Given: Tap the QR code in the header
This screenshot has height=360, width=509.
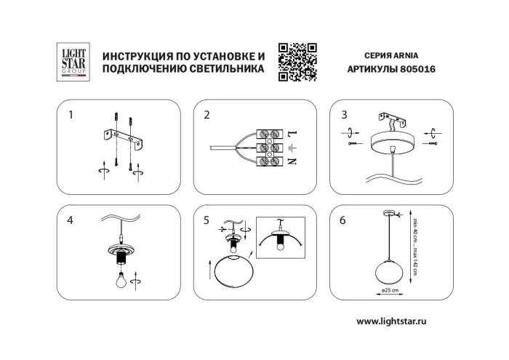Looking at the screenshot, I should pyautogui.click(x=298, y=61).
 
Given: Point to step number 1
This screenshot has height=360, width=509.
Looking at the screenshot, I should pyautogui.click(x=71, y=115).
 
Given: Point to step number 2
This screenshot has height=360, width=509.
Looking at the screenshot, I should pyautogui.click(x=207, y=115).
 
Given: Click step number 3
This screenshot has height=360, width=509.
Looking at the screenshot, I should pyautogui.click(x=344, y=115).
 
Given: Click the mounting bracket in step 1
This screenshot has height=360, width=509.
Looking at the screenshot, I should pyautogui.click(x=123, y=135).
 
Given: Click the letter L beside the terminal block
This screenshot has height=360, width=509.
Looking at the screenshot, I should pyautogui.click(x=292, y=135).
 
